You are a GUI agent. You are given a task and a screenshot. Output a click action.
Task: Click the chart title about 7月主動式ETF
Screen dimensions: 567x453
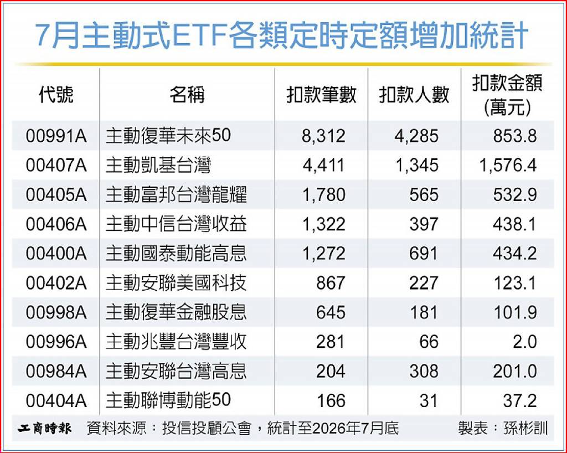click(282, 36)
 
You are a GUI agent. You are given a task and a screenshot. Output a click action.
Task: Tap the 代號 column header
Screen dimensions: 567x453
click(56, 95)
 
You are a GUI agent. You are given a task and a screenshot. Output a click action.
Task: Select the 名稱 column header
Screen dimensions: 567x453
click(187, 95)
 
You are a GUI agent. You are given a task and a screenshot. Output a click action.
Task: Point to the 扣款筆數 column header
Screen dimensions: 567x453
click(321, 95)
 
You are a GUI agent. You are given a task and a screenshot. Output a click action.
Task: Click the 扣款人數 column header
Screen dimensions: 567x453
click(414, 95)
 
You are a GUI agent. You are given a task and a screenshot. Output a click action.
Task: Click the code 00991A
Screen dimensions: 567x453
click(56, 136)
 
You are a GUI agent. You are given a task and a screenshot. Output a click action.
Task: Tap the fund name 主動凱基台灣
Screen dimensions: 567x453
click(158, 166)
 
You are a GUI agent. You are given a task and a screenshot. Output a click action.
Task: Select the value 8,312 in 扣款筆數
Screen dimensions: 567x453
click(323, 136)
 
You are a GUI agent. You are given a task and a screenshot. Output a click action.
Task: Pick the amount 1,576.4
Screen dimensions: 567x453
click(508, 166)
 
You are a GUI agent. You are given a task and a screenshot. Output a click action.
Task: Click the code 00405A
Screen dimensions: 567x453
click(56, 195)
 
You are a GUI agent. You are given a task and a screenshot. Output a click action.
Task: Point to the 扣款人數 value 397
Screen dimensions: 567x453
click(424, 224)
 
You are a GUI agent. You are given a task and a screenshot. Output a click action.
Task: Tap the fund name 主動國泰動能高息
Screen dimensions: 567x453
click(176, 254)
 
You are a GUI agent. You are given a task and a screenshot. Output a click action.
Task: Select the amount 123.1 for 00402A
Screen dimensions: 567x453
click(514, 283)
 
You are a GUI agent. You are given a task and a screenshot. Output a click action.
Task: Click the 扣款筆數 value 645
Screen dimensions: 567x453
click(331, 312)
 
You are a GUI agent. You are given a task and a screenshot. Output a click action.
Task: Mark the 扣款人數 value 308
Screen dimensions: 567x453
click(424, 371)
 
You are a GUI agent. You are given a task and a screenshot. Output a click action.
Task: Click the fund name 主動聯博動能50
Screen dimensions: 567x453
click(168, 400)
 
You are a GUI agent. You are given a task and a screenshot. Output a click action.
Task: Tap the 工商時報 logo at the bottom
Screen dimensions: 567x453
click(45, 429)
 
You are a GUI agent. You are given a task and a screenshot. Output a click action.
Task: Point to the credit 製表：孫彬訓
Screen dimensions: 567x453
click(503, 429)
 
